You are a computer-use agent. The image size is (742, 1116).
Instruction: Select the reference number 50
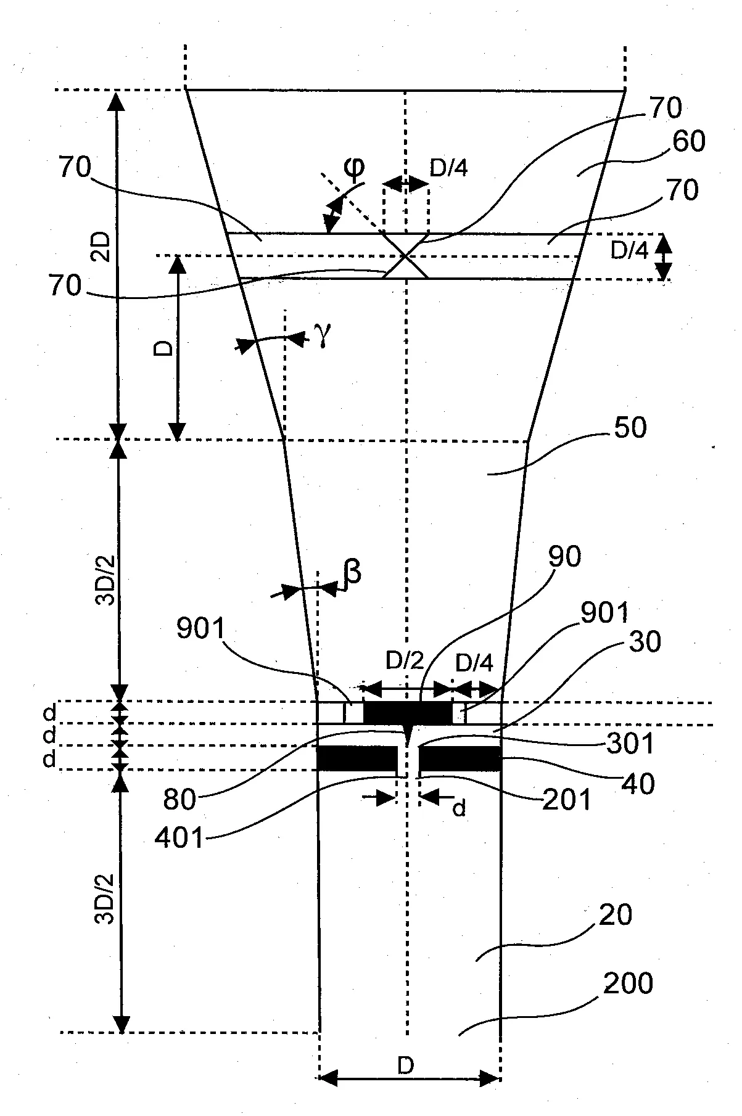click(x=625, y=427)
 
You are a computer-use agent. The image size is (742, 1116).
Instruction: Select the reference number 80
click(x=179, y=800)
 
